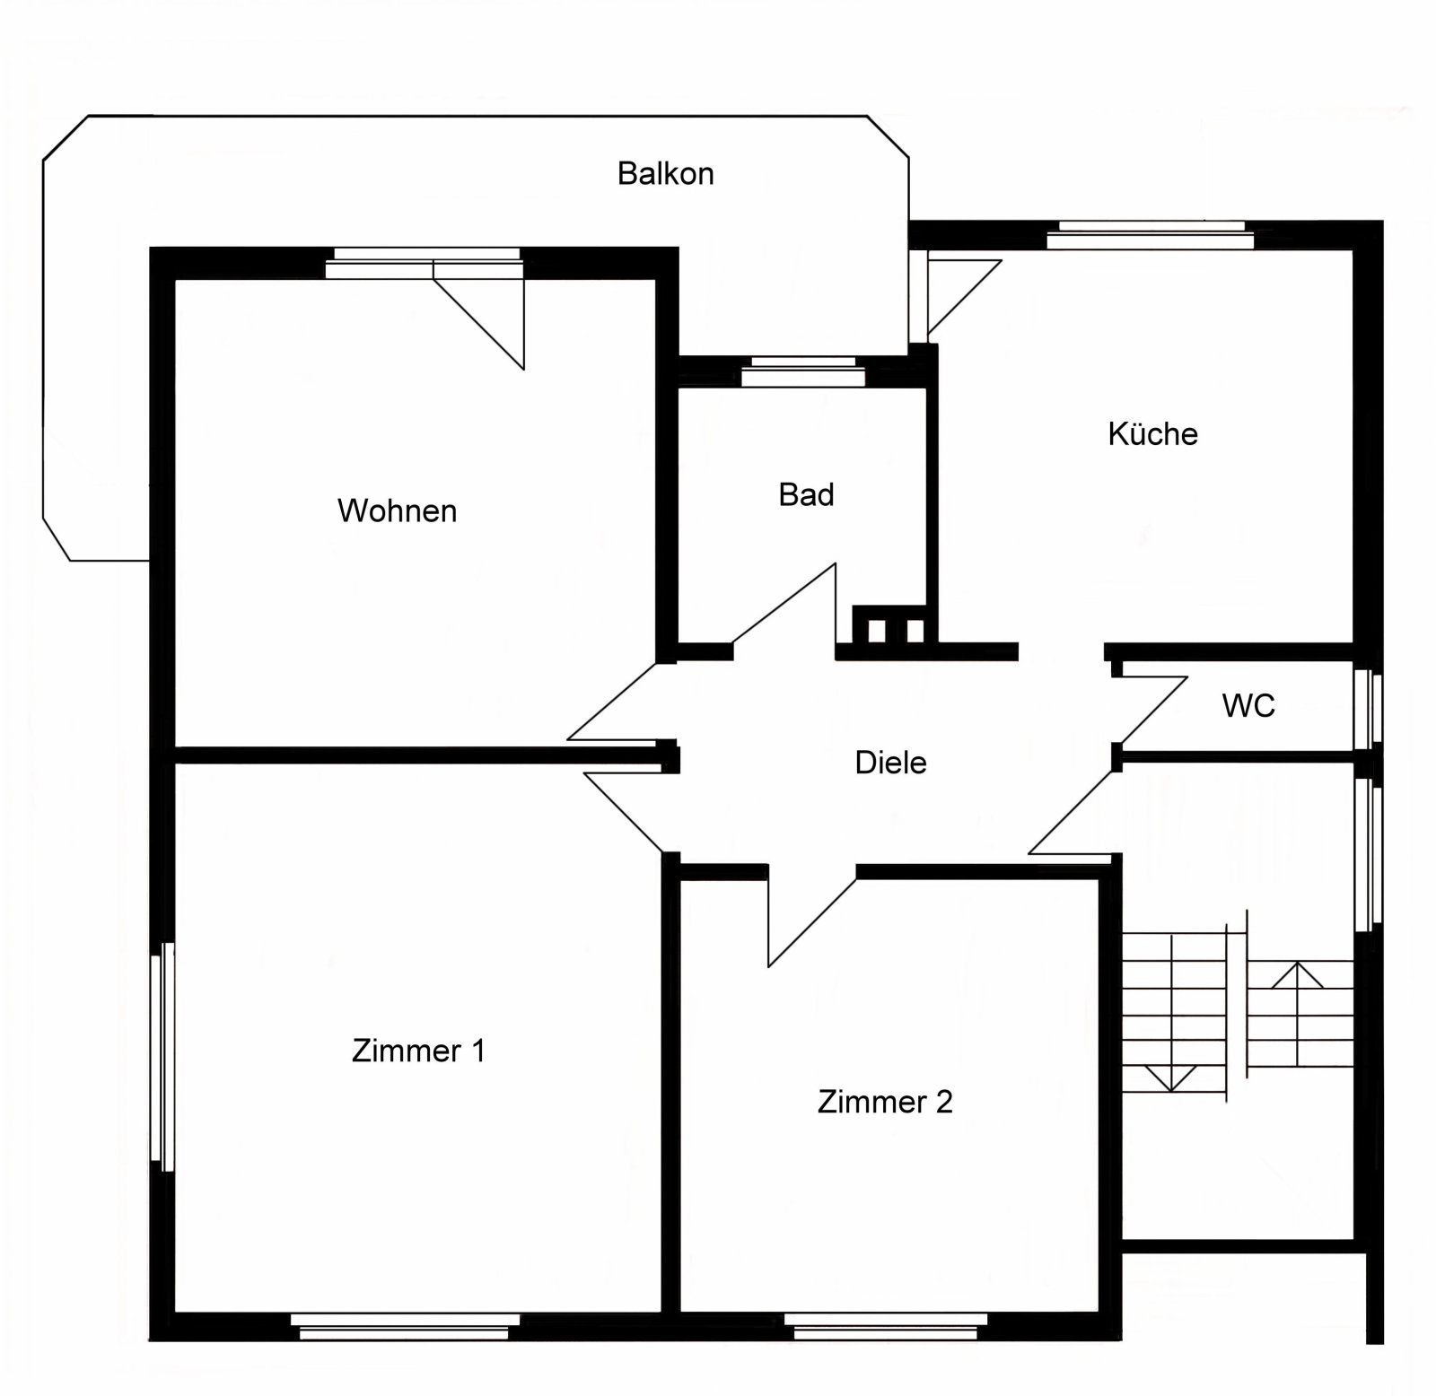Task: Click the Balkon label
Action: coord(665,173)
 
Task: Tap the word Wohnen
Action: coord(397,510)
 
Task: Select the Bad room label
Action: coord(806,494)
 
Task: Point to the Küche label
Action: coord(1152,434)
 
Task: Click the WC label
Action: coord(1248,706)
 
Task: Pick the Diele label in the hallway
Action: coord(890,763)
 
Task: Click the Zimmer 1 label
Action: coord(418,1051)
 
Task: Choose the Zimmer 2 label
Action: coord(884,1102)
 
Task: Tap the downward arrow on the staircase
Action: coord(1171,1077)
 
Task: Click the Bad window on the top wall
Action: coord(803,370)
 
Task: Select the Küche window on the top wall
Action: coord(1150,236)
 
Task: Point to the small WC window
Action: coord(1368,709)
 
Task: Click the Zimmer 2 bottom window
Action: coord(885,1326)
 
